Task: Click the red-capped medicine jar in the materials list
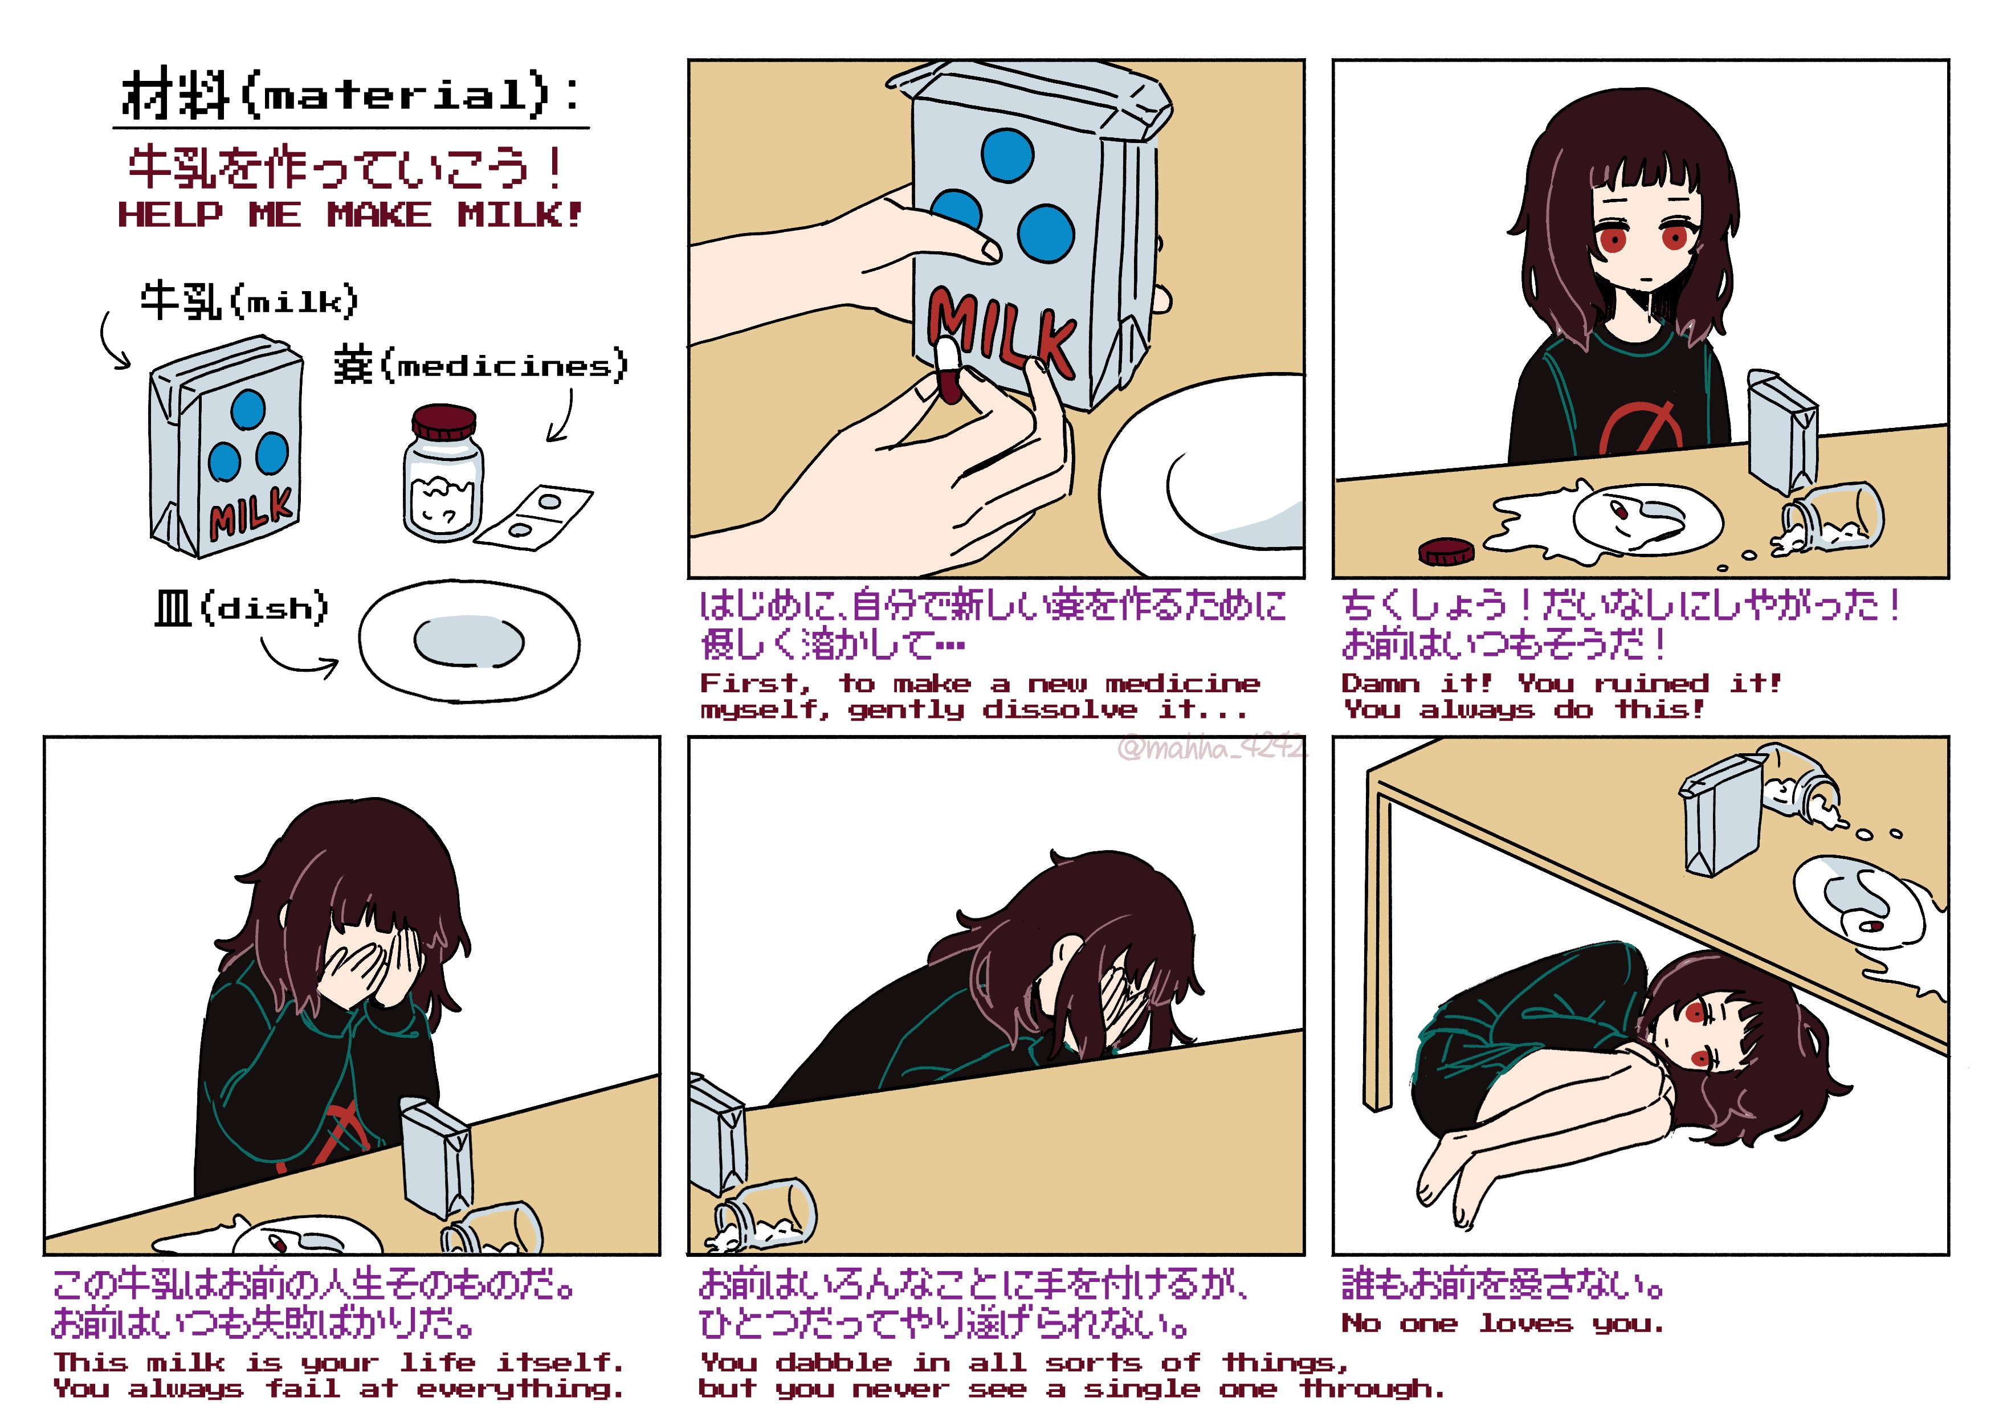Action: (443, 473)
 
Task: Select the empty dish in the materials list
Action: (470, 641)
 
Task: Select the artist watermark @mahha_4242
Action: (1212, 748)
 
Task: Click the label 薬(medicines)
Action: (480, 366)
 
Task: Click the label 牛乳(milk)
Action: (249, 300)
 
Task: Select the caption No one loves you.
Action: (1503, 1324)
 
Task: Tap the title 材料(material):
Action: (351, 95)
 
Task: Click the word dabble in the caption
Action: (833, 1362)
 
